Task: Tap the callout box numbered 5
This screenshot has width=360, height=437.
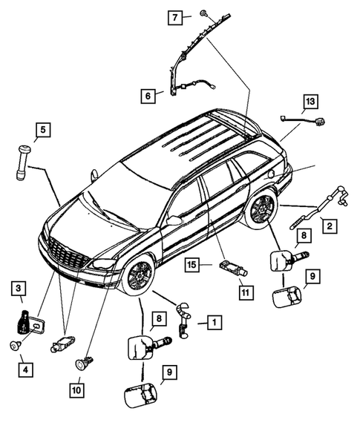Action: pyautogui.click(x=42, y=131)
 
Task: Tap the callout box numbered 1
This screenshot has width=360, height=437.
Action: pyautogui.click(x=212, y=322)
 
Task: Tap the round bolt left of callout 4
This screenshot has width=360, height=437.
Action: pyautogui.click(x=15, y=344)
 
